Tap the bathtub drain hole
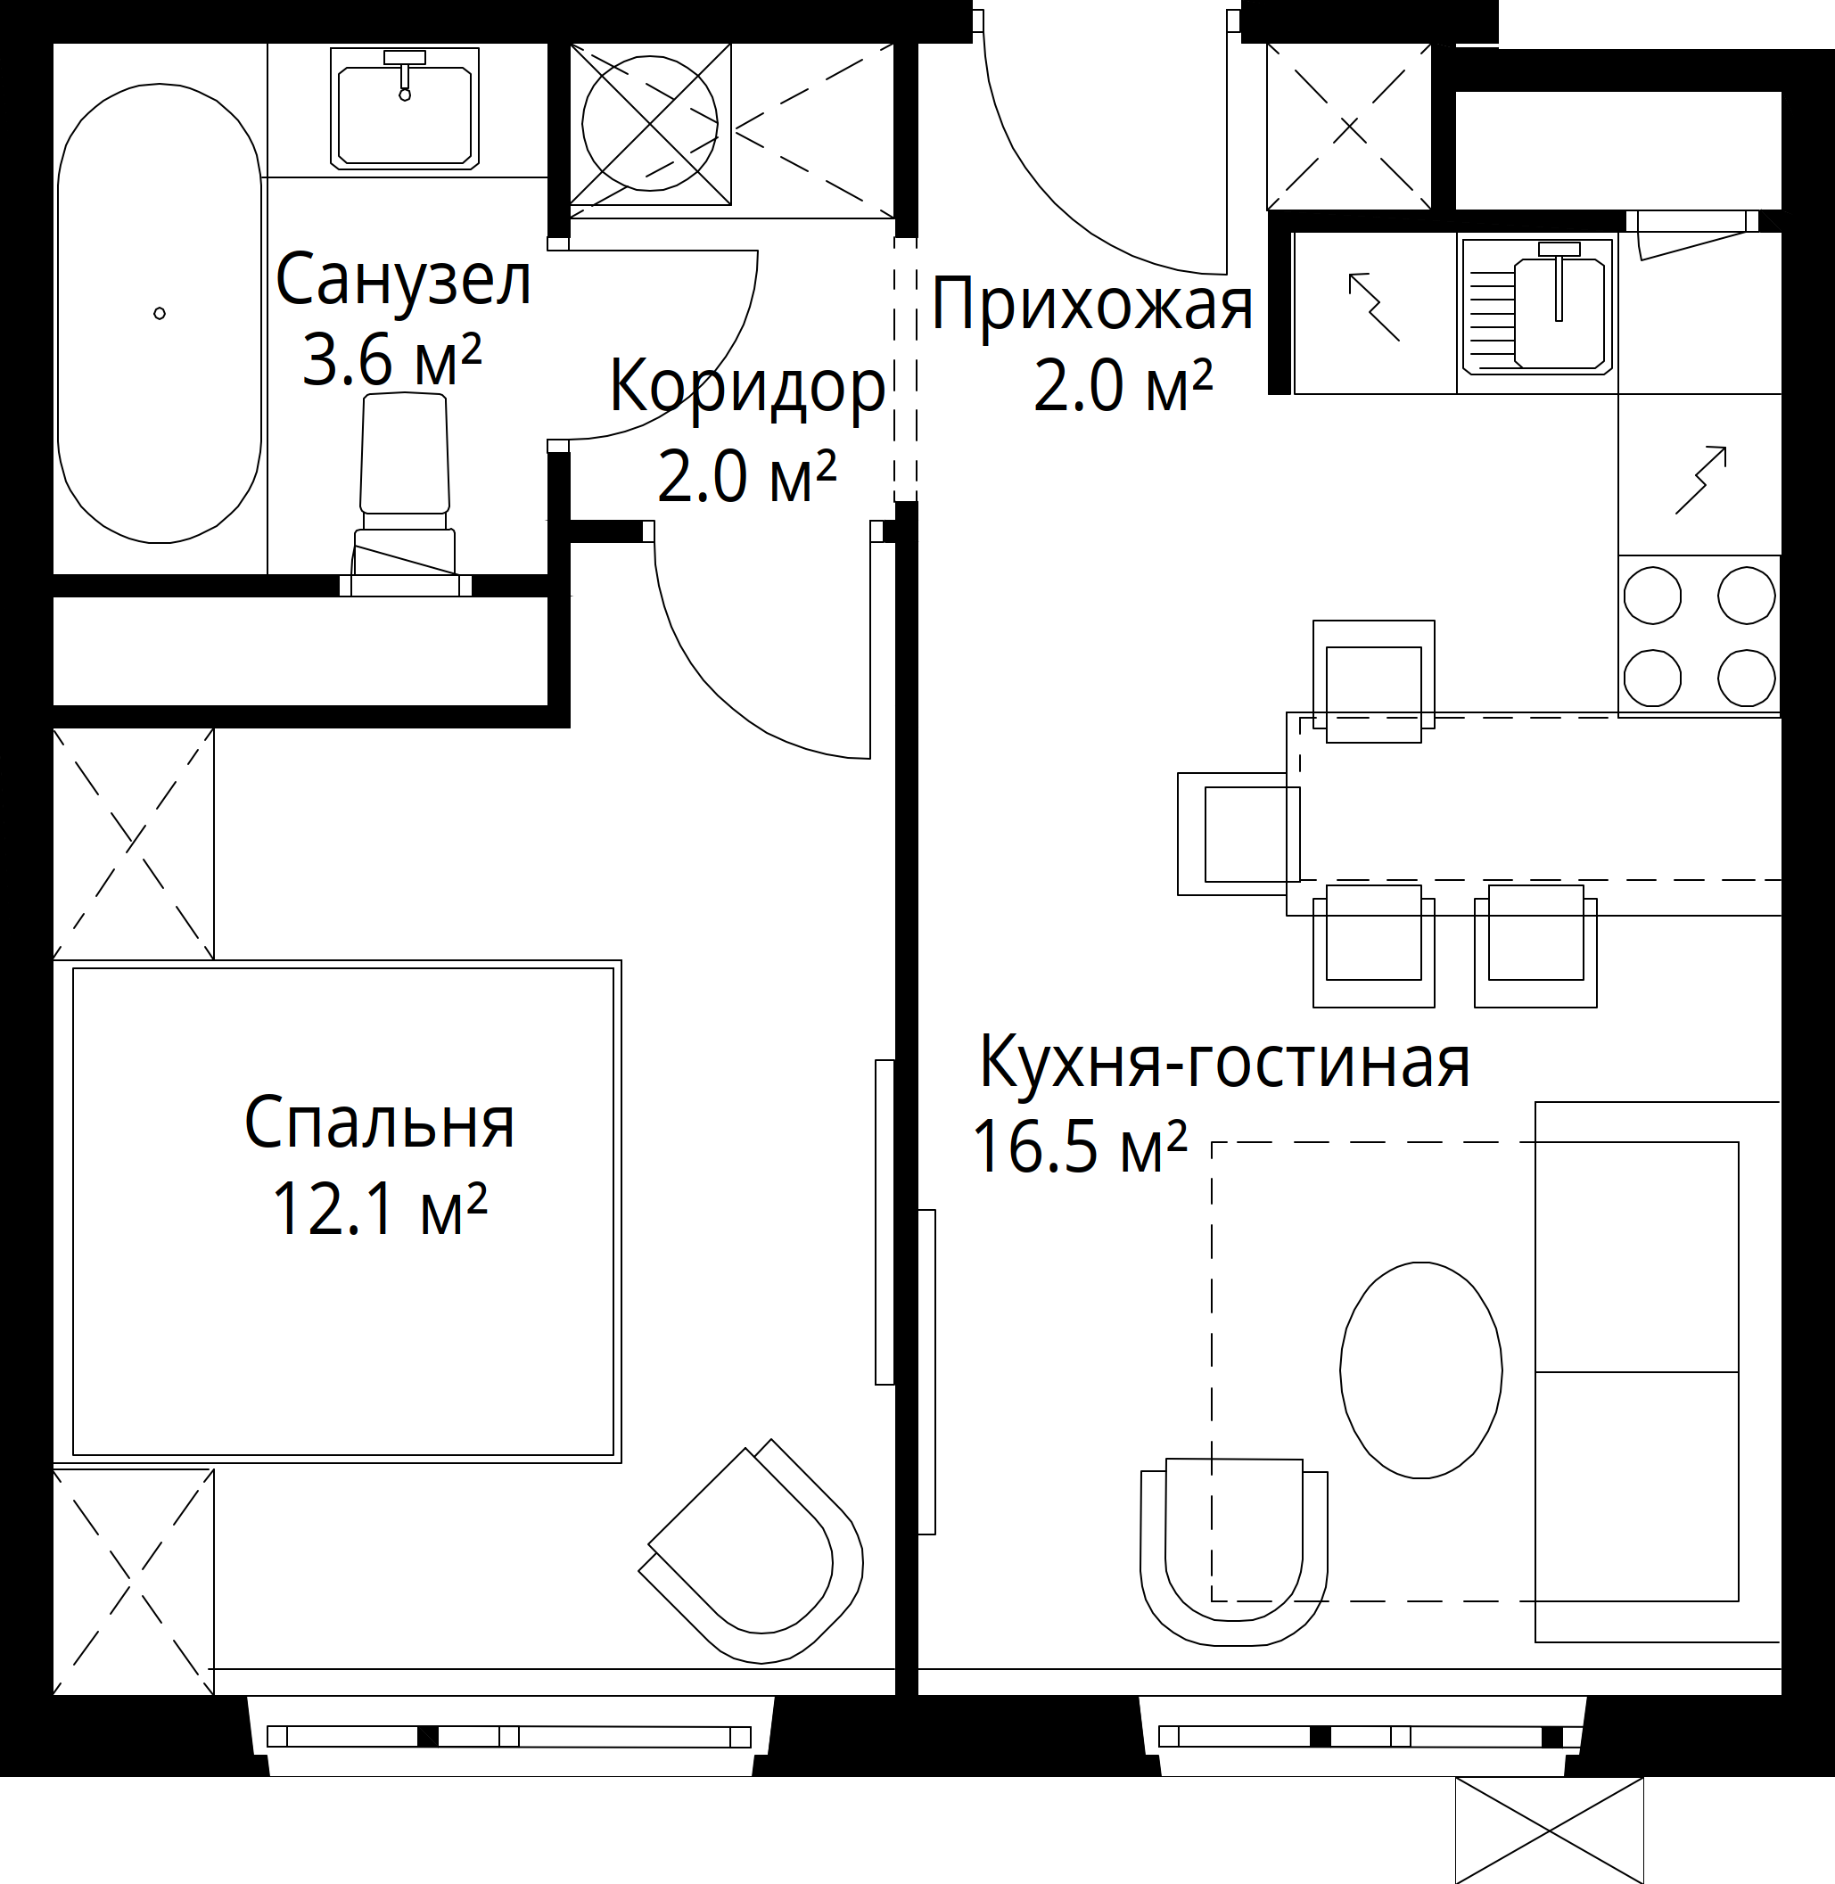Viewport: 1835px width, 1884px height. pyautogui.click(x=159, y=313)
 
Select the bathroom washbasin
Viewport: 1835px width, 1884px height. pyautogui.click(x=405, y=108)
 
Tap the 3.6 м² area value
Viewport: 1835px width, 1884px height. pyautogui.click(x=391, y=359)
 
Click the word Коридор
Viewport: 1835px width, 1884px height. pyautogui.click(x=747, y=387)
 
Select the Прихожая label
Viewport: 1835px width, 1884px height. pyautogui.click(x=1092, y=305)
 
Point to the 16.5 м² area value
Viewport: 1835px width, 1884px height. pyautogui.click(x=1080, y=1146)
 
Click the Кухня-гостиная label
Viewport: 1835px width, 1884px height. pyautogui.click(x=1225, y=1062)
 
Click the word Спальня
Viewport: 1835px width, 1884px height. pyautogui.click(x=380, y=1122)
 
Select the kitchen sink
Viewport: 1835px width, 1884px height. pyautogui.click(x=1537, y=306)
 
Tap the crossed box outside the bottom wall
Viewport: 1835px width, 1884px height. pyautogui.click(x=1549, y=1830)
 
